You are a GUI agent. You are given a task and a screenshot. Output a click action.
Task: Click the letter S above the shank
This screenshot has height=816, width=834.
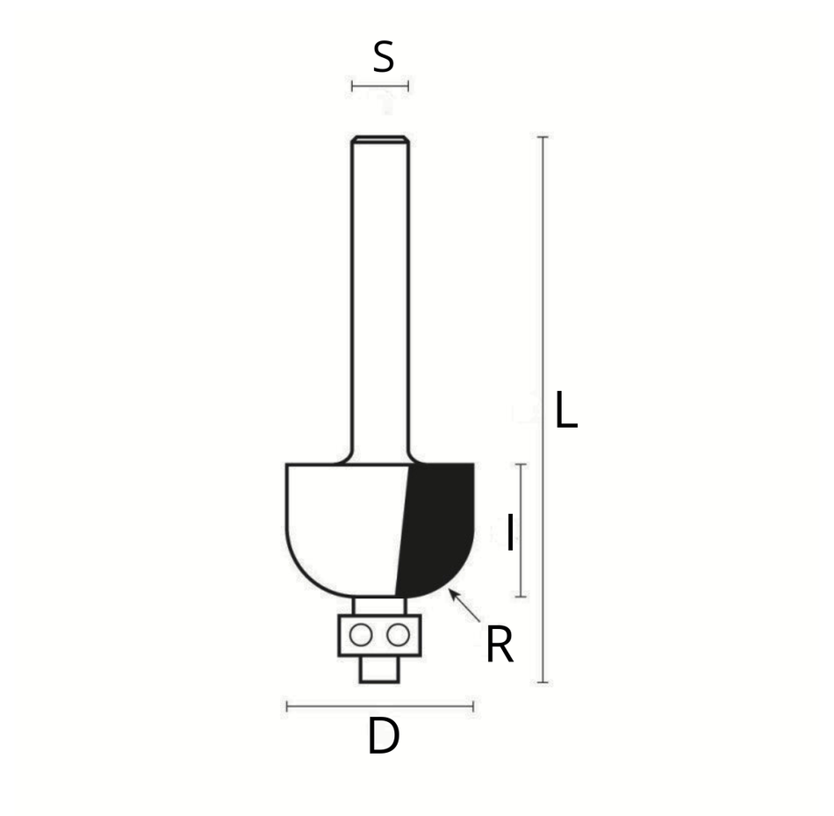(x=384, y=57)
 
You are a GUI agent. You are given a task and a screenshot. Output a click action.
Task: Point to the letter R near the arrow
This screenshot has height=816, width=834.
(x=500, y=644)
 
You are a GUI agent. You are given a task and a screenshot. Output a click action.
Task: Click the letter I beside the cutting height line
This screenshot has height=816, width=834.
(x=511, y=531)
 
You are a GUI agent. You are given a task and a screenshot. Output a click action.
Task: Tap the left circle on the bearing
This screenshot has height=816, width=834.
(x=361, y=635)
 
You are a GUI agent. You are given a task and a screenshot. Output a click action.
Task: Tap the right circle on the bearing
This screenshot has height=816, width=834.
(x=398, y=635)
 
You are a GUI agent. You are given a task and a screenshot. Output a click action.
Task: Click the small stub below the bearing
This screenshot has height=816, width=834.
(x=379, y=669)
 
